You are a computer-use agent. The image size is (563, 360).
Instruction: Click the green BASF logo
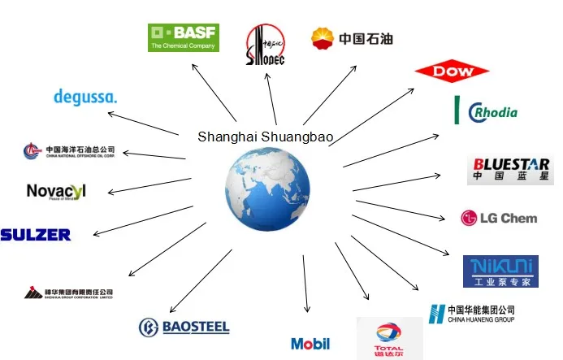coord(183,37)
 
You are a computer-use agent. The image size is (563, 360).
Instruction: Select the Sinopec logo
coord(266,45)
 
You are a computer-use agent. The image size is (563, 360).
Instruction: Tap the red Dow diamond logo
coord(451,72)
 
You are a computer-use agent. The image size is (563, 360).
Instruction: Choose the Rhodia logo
coord(486,111)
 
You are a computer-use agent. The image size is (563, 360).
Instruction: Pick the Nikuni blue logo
coord(500,271)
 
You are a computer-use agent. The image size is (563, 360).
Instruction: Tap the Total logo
coord(389,338)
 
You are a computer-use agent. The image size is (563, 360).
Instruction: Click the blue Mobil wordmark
coord(310,344)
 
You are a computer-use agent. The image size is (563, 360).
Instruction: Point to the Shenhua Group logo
coord(68,293)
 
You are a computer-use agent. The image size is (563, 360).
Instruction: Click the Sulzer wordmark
coord(36,235)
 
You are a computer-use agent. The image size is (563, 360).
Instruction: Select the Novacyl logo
coord(56,192)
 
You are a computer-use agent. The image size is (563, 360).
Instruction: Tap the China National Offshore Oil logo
coord(69,150)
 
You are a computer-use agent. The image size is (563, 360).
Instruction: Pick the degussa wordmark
coord(85,97)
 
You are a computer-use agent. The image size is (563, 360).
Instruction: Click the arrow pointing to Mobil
coord(305,284)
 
